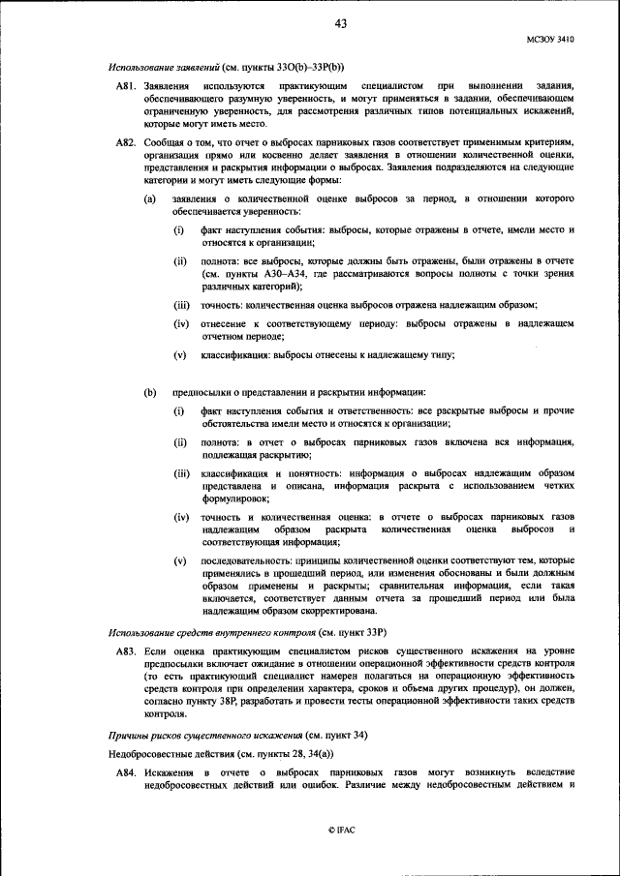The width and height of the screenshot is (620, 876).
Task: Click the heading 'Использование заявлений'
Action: coord(165,67)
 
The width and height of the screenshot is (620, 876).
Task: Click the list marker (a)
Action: coord(150,199)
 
